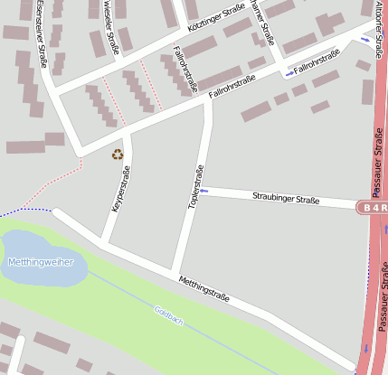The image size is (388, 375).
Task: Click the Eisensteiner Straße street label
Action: pyautogui.click(x=43, y=34)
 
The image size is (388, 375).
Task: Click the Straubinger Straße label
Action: pyautogui.click(x=286, y=196)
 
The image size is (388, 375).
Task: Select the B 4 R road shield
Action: pyautogui.click(x=374, y=207)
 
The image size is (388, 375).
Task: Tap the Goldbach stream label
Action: pyautogui.click(x=168, y=315)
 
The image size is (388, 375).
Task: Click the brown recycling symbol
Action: pyautogui.click(x=117, y=155)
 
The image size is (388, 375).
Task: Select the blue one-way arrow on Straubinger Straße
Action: pyautogui.click(x=204, y=190)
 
